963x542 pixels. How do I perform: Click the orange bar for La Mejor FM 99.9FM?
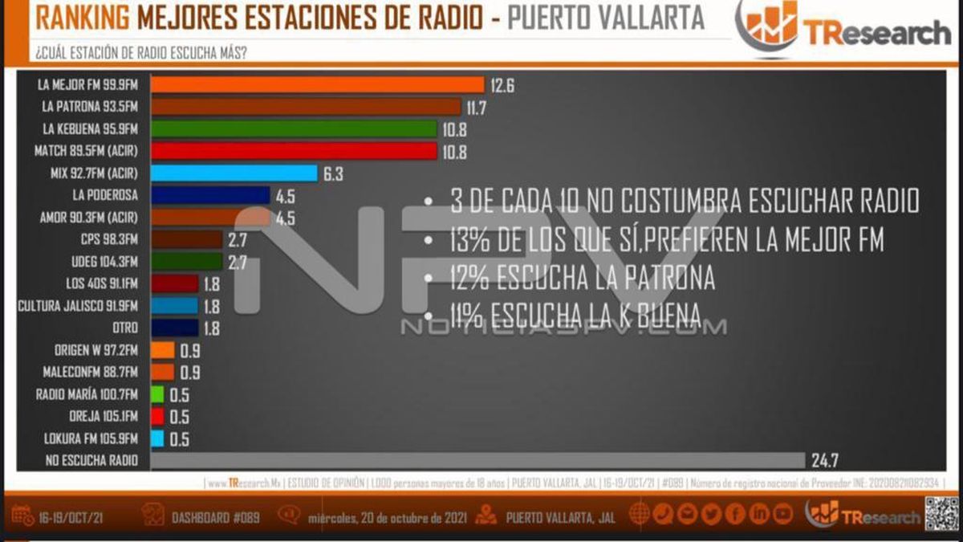(318, 85)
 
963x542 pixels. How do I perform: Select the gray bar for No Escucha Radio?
(477, 460)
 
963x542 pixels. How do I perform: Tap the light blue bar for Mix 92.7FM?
(234, 173)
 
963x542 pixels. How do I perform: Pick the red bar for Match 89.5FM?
(294, 151)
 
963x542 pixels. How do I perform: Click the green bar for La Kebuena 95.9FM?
(294, 128)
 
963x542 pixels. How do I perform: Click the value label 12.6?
(502, 85)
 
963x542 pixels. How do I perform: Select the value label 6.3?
(333, 173)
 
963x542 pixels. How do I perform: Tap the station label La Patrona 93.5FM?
(91, 106)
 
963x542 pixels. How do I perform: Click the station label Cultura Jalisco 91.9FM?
(78, 306)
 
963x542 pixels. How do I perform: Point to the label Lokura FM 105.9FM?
(87, 438)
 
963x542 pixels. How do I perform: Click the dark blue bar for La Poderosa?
(210, 195)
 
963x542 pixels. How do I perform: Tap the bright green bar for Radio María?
(157, 394)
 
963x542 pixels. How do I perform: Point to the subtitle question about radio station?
(140, 53)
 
